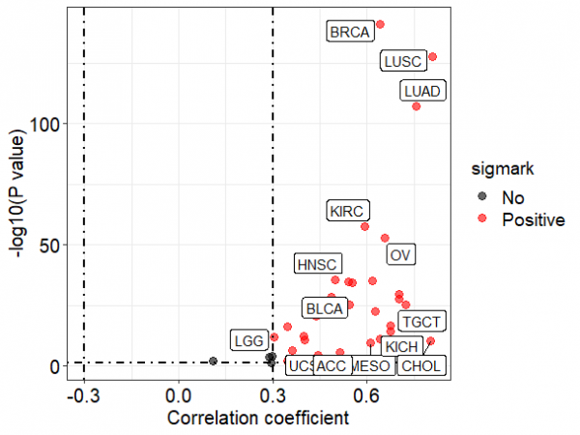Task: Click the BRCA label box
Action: [349, 33]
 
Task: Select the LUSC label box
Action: [402, 62]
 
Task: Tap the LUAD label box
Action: [422, 92]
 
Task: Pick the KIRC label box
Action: [347, 211]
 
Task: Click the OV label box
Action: [400, 255]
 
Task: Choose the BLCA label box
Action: [324, 309]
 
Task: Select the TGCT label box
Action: [422, 321]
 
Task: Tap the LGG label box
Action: [248, 340]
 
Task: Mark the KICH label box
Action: [400, 346]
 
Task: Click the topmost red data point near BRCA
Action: [380, 24]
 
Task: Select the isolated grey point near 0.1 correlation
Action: [213, 361]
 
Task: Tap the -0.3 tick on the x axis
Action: [83, 397]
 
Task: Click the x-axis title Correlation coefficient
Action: [258, 420]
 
